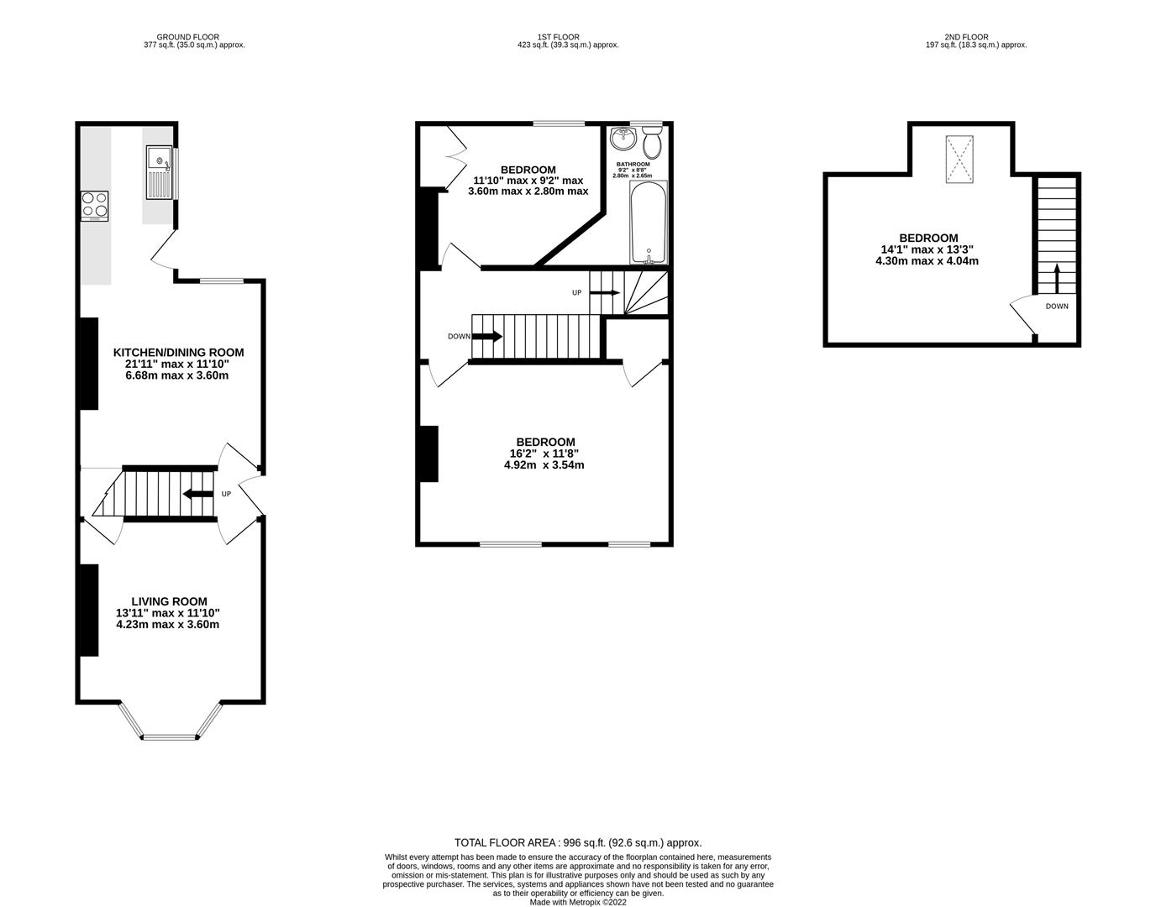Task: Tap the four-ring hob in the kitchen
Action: click(x=94, y=206)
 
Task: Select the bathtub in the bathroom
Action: click(x=648, y=224)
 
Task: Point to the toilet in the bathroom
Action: click(x=652, y=144)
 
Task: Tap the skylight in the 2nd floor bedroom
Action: click(x=961, y=159)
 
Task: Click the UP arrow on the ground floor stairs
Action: click(x=197, y=494)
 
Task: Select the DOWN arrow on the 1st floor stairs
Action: click(x=486, y=337)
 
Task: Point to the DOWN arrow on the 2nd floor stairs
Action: click(x=1056, y=278)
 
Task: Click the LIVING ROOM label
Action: click(x=168, y=601)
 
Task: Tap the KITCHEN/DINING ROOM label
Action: click(x=178, y=353)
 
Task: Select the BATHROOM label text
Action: click(x=633, y=165)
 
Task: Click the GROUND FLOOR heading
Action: click(x=187, y=37)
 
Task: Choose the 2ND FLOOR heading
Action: click(x=966, y=37)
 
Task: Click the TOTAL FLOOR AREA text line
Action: click(x=577, y=842)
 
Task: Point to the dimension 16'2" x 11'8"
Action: click(x=544, y=453)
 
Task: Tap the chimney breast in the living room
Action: click(x=87, y=610)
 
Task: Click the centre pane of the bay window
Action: click(x=170, y=738)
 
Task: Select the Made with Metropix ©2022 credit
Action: click(x=577, y=902)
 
